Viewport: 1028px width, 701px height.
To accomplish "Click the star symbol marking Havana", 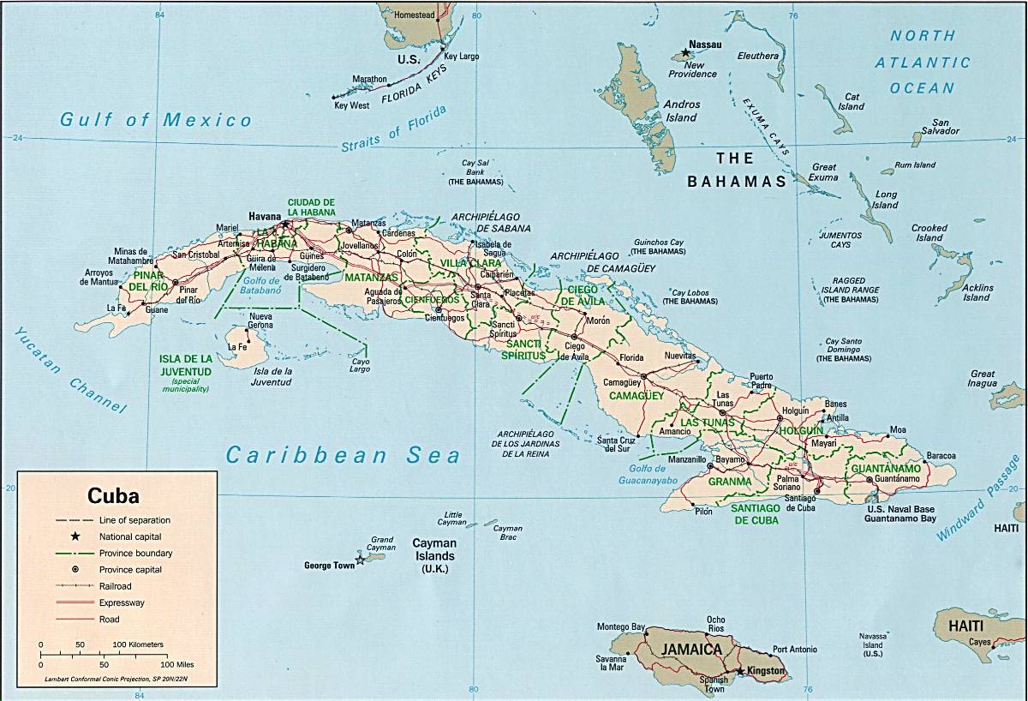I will point(285,225).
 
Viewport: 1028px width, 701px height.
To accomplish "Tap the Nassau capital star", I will point(685,53).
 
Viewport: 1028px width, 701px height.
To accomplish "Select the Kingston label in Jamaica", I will point(765,669).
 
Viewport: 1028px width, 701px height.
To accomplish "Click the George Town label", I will point(329,566).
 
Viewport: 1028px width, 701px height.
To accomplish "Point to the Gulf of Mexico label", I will point(156,120).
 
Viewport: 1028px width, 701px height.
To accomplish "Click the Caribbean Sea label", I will point(343,455).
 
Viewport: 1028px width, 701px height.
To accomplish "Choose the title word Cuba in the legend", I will point(113,495).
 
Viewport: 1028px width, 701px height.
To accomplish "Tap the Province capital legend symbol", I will point(75,569).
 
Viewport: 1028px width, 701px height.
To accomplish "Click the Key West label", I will point(351,105).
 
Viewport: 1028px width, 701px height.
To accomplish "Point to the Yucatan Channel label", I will point(69,372).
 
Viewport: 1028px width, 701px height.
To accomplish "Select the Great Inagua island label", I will point(982,380).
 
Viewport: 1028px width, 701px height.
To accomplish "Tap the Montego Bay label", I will point(620,626).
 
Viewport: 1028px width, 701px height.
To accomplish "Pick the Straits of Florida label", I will point(394,130).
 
